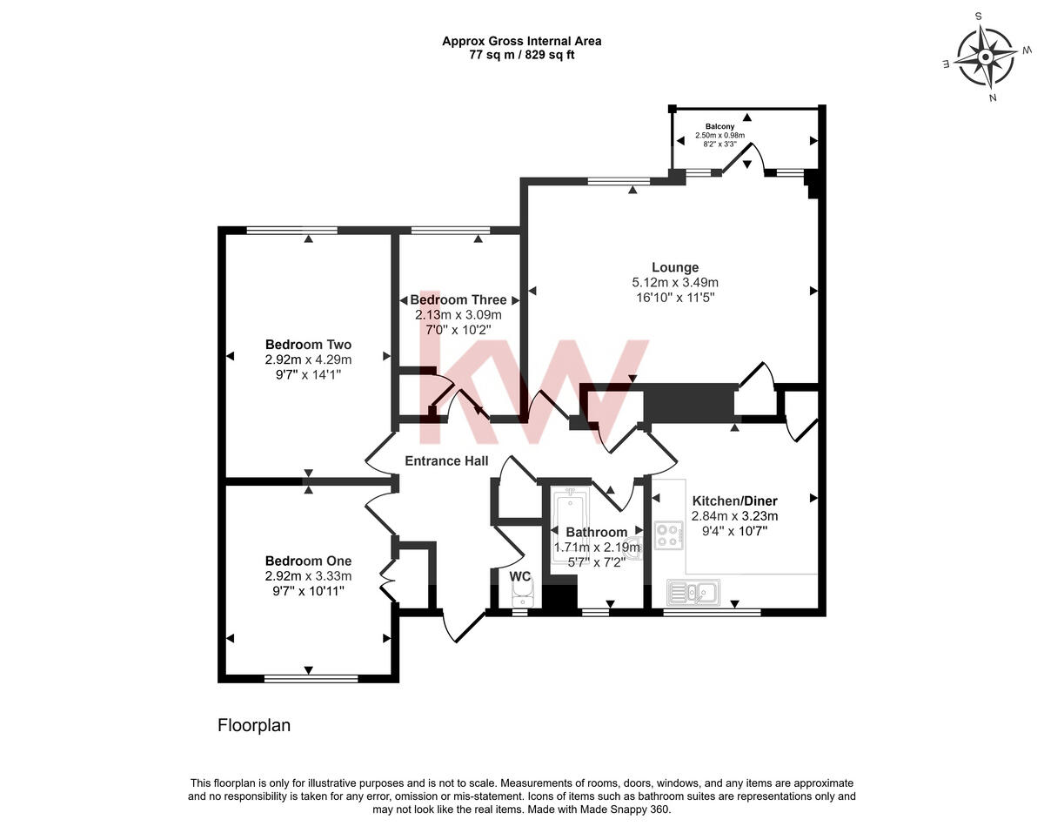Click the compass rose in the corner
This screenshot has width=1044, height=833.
(985, 57)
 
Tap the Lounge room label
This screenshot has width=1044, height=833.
(675, 267)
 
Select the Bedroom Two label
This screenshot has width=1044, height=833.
(309, 344)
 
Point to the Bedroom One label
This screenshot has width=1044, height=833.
(309, 561)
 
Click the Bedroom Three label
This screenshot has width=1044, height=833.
(458, 299)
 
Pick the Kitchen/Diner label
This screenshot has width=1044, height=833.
(734, 500)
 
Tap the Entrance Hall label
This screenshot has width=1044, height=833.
(446, 460)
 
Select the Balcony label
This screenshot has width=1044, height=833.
(719, 126)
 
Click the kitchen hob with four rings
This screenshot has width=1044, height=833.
(670, 534)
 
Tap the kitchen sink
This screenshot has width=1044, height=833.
(693, 593)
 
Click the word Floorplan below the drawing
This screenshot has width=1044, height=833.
(254, 725)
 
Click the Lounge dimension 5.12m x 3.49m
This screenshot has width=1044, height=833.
(675, 282)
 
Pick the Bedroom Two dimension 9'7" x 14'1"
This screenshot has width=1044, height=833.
(309, 374)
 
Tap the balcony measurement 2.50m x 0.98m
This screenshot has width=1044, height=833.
(719, 135)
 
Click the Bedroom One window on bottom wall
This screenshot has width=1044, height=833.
(311, 679)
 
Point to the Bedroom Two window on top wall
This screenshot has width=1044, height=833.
(291, 230)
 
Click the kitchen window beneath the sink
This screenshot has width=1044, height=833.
(712, 613)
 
